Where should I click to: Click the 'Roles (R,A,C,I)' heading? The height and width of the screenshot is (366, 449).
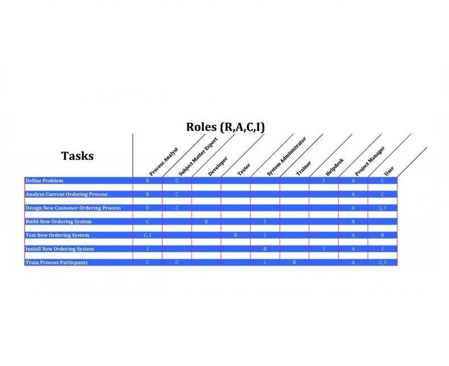(x=225, y=127)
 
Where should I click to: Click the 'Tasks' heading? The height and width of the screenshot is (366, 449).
(x=77, y=156)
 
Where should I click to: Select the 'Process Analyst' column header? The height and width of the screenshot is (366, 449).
(x=164, y=161)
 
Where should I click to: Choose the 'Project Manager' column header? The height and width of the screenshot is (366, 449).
(x=370, y=161)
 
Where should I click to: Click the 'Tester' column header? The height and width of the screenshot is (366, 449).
(x=243, y=169)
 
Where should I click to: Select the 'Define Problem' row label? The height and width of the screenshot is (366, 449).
(x=44, y=181)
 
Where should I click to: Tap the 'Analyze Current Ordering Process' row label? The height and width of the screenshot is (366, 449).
(x=66, y=194)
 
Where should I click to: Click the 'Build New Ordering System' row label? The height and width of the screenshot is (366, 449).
(x=59, y=222)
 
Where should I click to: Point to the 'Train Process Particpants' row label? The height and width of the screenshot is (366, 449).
(x=57, y=263)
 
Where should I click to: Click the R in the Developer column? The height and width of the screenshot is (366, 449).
(x=206, y=222)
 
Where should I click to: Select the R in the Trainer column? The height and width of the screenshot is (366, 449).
(x=294, y=263)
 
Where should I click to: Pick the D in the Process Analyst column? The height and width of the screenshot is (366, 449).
(x=148, y=208)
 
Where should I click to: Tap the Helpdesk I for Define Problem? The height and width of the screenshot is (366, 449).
(x=324, y=181)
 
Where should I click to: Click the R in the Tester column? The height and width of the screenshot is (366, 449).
(x=236, y=235)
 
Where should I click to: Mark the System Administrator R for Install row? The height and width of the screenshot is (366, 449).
(x=265, y=249)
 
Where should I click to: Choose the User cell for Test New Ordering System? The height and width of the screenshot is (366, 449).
(x=383, y=235)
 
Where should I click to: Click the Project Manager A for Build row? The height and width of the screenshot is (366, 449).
(x=353, y=222)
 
